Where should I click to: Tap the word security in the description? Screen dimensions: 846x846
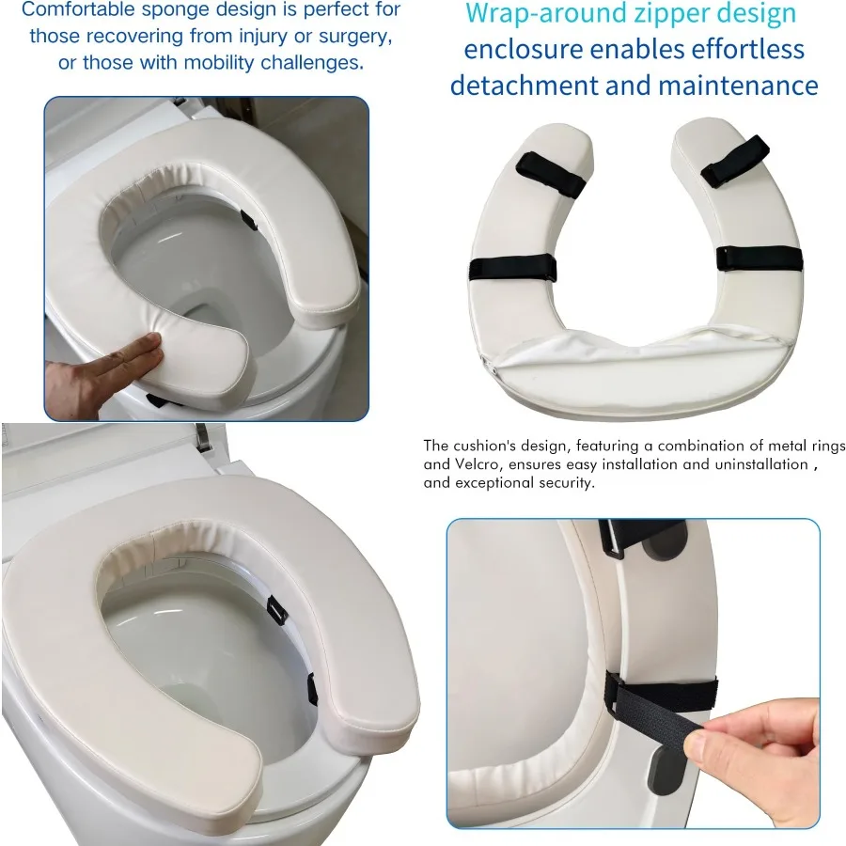click(x=558, y=483)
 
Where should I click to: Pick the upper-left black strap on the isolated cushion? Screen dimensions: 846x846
click(x=551, y=173)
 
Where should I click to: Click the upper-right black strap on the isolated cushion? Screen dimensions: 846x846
click(x=735, y=161)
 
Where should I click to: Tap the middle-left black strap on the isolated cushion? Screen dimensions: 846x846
click(x=512, y=269)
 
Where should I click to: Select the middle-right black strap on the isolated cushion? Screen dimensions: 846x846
click(x=760, y=258)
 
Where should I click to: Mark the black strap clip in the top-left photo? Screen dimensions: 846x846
click(x=248, y=220)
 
